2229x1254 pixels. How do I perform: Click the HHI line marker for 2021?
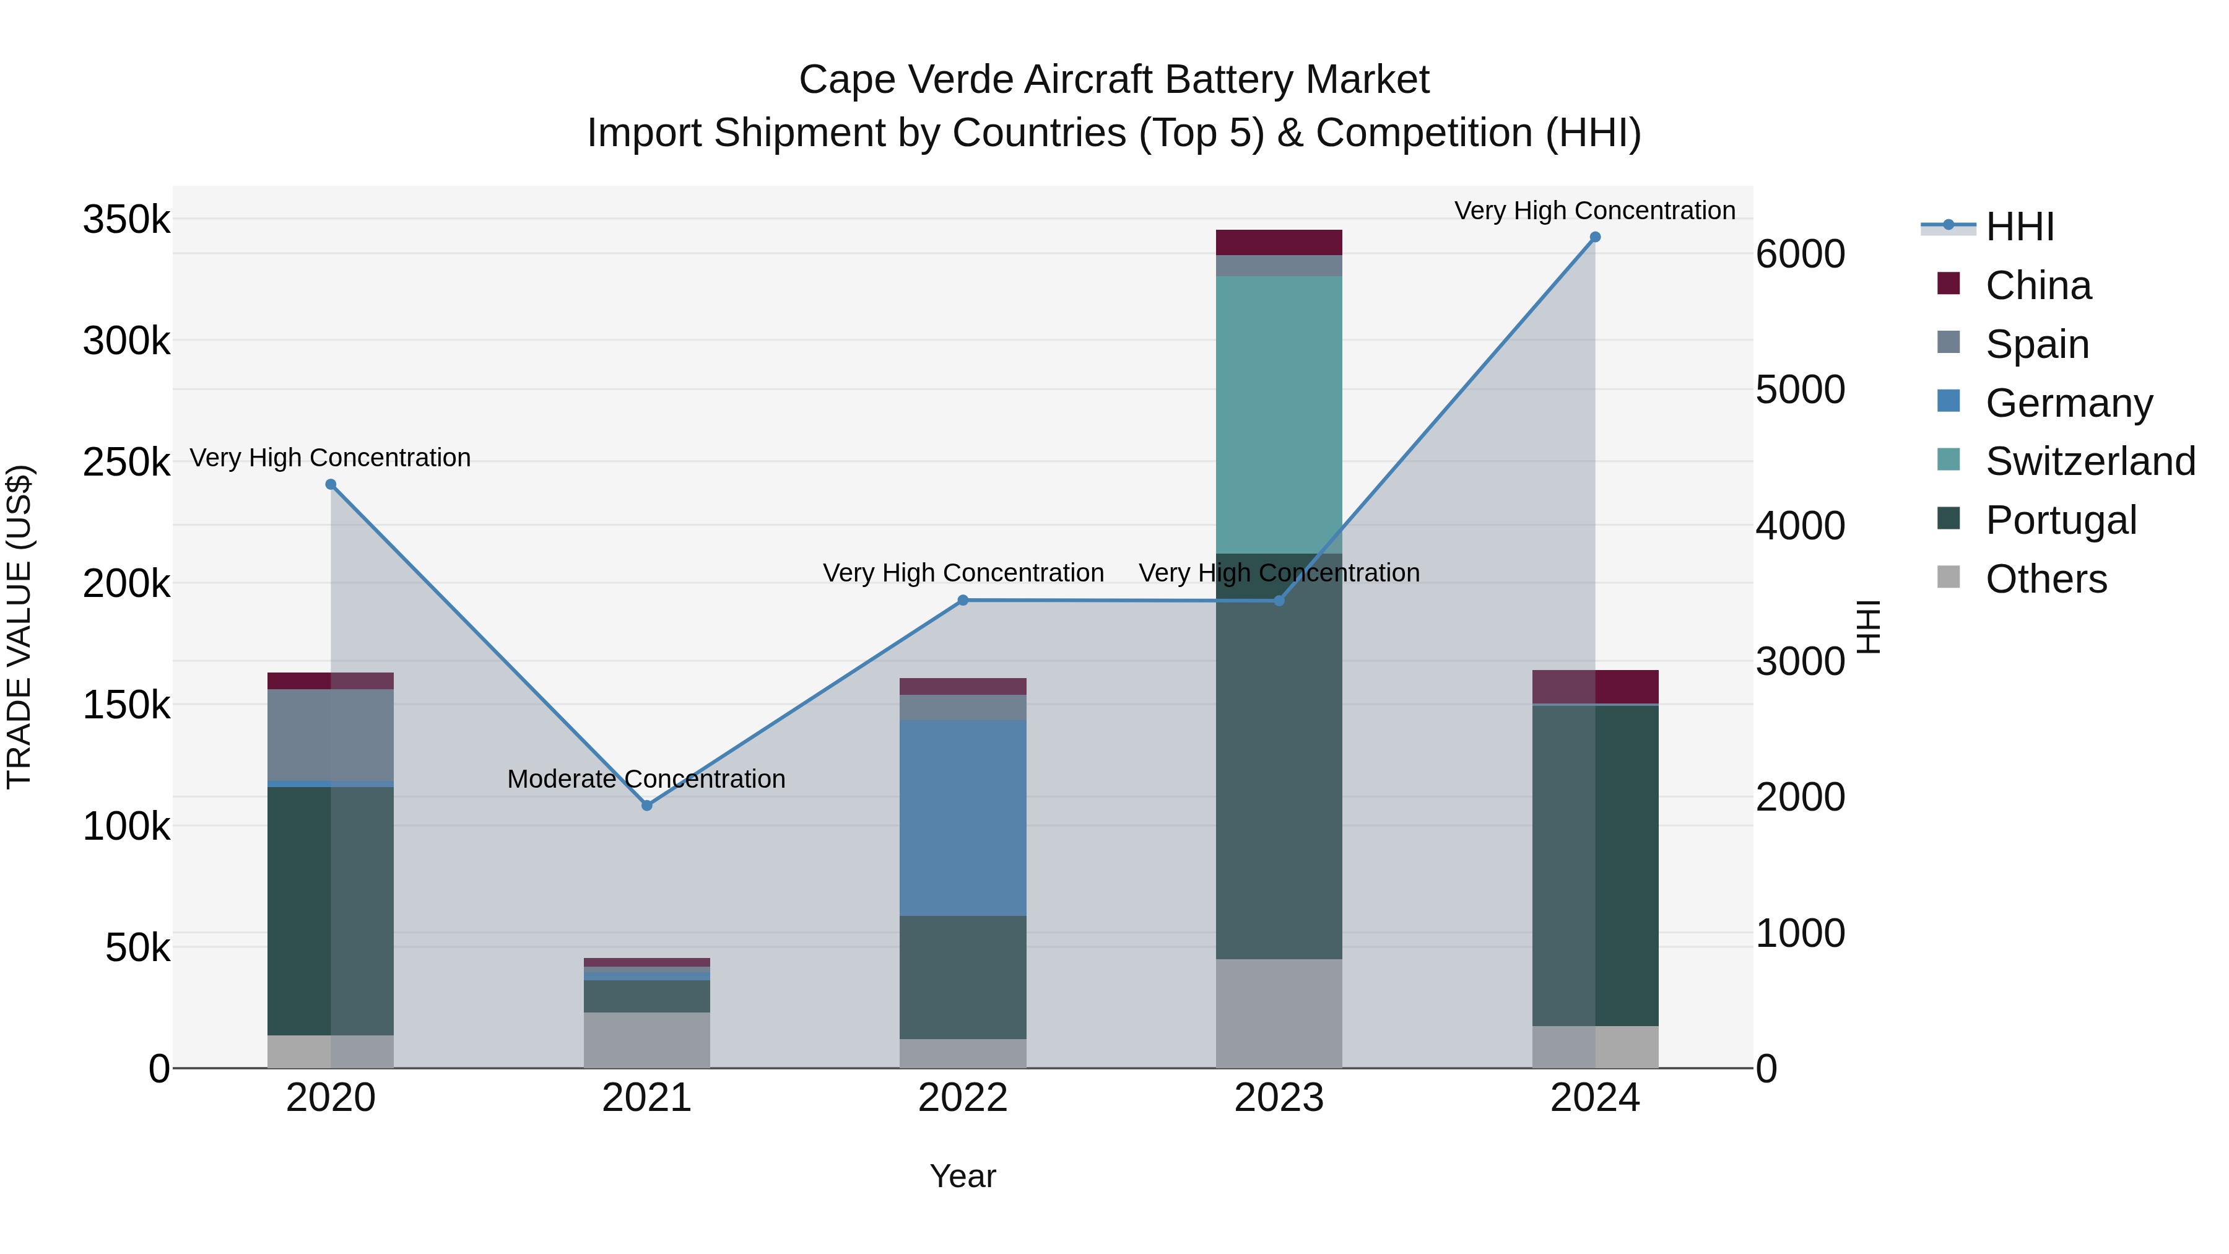[x=646, y=805]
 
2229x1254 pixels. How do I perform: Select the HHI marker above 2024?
[x=1595, y=237]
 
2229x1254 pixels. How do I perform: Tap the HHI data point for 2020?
[x=331, y=485]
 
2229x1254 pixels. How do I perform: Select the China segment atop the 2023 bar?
[x=1279, y=242]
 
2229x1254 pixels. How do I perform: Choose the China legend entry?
[x=2038, y=285]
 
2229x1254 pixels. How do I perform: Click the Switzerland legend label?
[x=2090, y=461]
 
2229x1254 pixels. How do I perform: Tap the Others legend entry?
[x=2046, y=579]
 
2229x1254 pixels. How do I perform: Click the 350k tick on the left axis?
[x=126, y=220]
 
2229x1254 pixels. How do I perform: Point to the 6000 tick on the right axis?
[x=1800, y=255]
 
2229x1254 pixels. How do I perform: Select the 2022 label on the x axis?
[x=962, y=1098]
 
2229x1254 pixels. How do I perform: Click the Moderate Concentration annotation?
[x=646, y=779]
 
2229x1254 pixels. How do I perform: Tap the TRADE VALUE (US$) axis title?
[x=19, y=627]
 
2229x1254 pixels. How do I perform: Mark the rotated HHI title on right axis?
[x=1869, y=627]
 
